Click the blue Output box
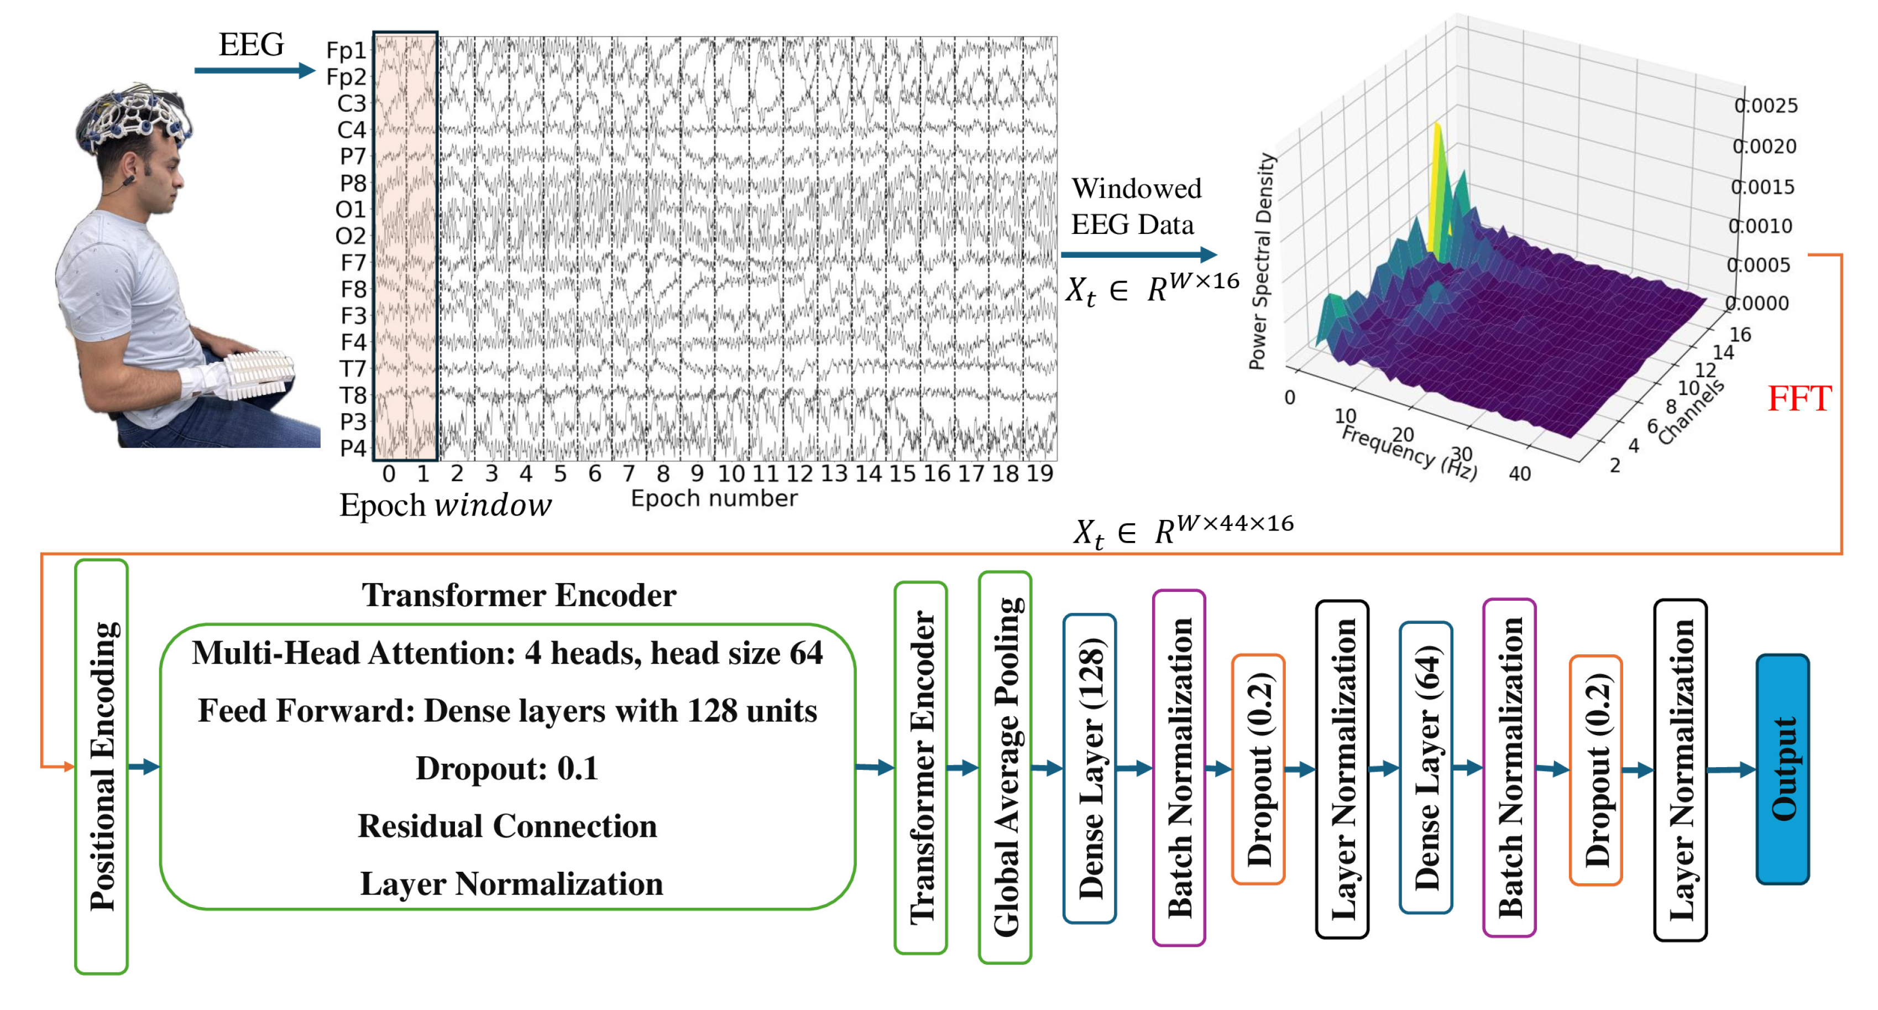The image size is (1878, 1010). coord(1782,769)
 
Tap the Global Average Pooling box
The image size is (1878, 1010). coord(1005,767)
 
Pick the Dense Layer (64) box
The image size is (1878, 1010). coord(1426,767)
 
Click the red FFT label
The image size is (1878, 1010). coord(1798,398)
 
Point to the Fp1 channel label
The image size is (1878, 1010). coord(346,50)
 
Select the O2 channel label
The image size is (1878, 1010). coord(350,236)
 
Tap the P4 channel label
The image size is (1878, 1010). coord(353,448)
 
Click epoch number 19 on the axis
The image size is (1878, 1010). coord(1039,474)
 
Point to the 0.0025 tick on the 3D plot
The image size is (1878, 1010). coord(1766,106)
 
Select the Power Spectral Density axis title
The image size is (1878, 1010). coord(1260,261)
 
